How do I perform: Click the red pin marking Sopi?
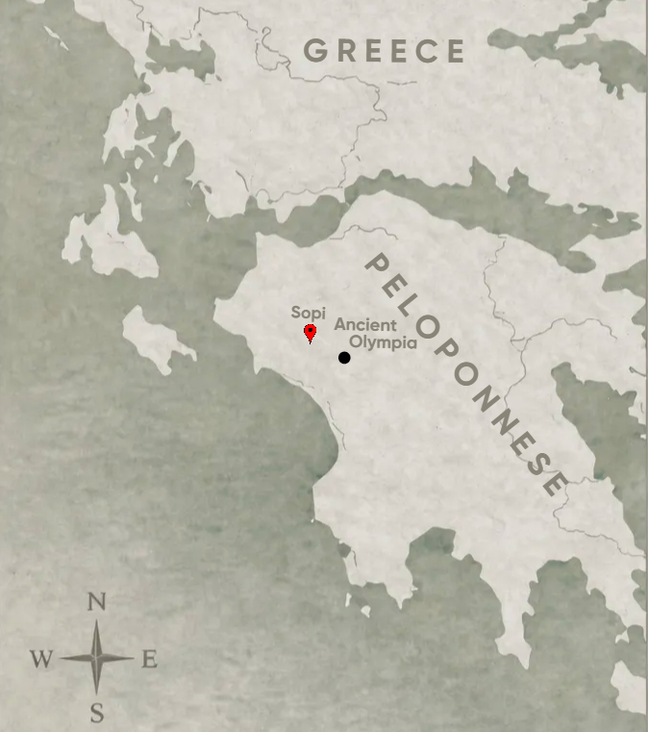pyautogui.click(x=311, y=333)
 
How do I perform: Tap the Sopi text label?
pyautogui.click(x=309, y=313)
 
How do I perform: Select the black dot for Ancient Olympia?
pyautogui.click(x=344, y=358)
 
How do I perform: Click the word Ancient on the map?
pyautogui.click(x=364, y=325)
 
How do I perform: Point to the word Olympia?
pyautogui.click(x=383, y=342)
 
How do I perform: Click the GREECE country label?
pyautogui.click(x=385, y=51)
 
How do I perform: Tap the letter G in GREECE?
pyautogui.click(x=315, y=51)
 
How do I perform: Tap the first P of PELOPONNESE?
pyautogui.click(x=376, y=265)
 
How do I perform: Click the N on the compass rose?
pyautogui.click(x=96, y=603)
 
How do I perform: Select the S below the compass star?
pyautogui.click(x=97, y=713)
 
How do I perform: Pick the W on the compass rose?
pyautogui.click(x=40, y=659)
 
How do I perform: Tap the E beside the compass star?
pyautogui.click(x=149, y=659)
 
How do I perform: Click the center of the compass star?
pyautogui.click(x=97, y=658)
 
